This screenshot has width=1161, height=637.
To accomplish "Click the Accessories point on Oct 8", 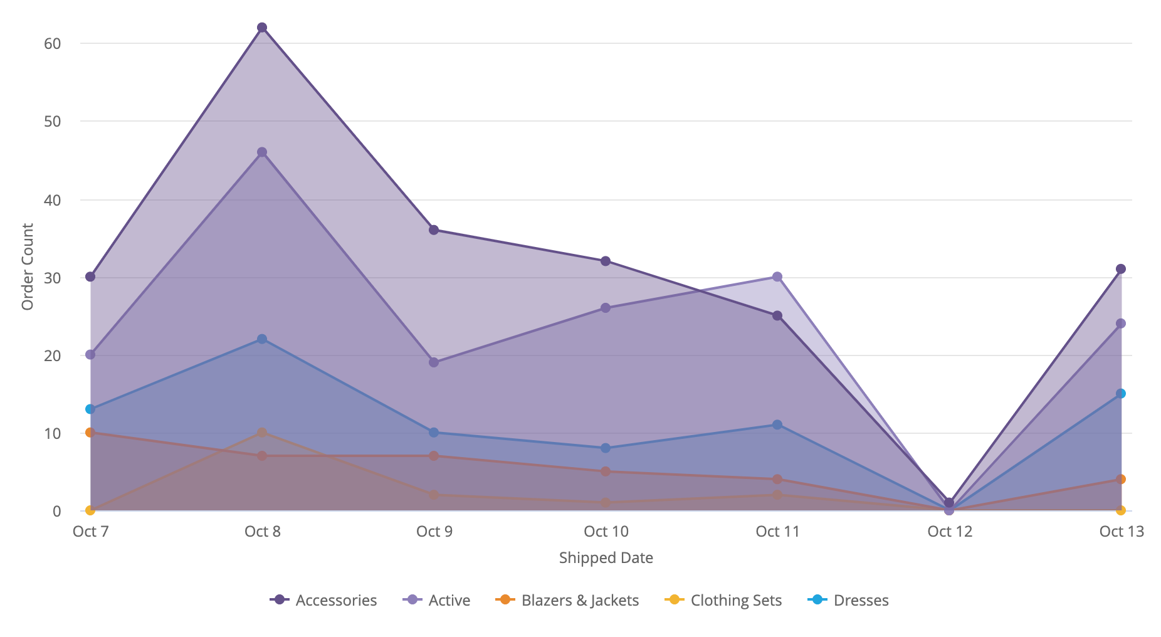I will pyautogui.click(x=262, y=28).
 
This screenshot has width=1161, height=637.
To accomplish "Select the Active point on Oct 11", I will pyautogui.click(x=777, y=276).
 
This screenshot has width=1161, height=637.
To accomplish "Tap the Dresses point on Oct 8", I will pyautogui.click(x=262, y=339).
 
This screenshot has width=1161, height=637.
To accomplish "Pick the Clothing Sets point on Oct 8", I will pyautogui.click(x=262, y=433).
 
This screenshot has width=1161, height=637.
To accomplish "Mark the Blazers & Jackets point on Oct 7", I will pyautogui.click(x=90, y=433).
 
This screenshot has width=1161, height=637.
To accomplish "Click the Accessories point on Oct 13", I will pyautogui.click(x=1121, y=269).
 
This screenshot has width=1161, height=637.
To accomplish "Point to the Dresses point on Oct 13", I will pyautogui.click(x=1121, y=394).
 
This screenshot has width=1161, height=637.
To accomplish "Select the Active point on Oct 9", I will pyautogui.click(x=434, y=362).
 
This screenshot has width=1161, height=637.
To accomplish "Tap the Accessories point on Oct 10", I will pyautogui.click(x=606, y=261).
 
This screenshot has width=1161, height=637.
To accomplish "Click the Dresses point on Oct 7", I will pyautogui.click(x=90, y=409).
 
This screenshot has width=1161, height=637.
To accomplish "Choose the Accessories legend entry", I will pyautogui.click(x=323, y=600).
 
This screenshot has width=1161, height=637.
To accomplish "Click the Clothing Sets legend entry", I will pyautogui.click(x=723, y=600).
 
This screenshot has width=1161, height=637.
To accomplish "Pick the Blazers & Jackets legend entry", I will pyautogui.click(x=567, y=600).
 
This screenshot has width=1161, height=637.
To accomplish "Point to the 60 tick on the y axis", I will pyautogui.click(x=53, y=43).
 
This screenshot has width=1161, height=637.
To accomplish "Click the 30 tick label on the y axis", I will pyautogui.click(x=53, y=278).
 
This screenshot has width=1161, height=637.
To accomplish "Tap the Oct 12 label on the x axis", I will pyautogui.click(x=950, y=532).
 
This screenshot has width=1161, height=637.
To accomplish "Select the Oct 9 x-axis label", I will pyautogui.click(x=434, y=532).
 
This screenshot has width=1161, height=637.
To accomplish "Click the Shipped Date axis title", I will pyautogui.click(x=606, y=558).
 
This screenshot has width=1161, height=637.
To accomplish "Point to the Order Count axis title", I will pyautogui.click(x=28, y=266).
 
